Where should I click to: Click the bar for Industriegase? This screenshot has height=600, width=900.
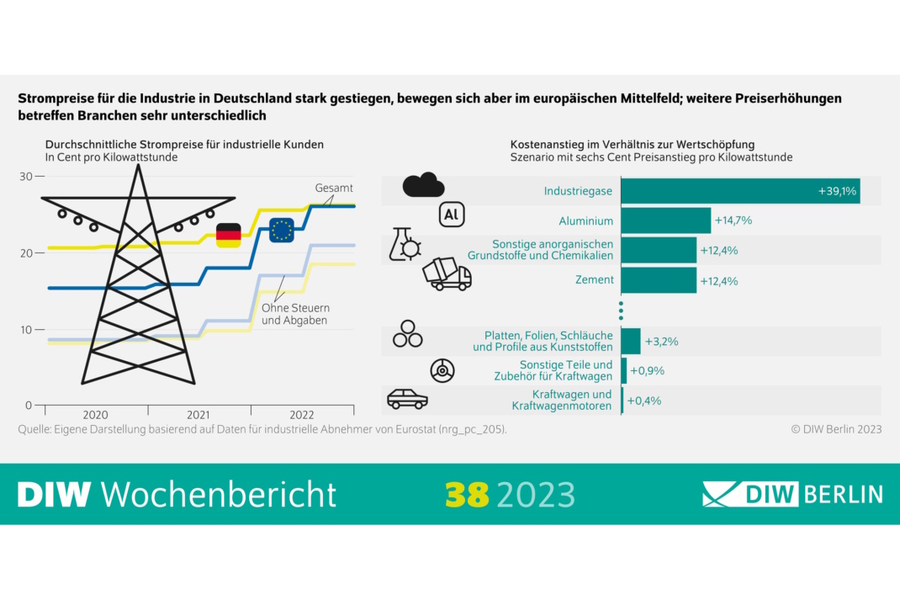(x=740, y=191)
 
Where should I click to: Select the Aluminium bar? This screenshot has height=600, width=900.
(x=666, y=220)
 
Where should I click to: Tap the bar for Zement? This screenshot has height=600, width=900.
(x=659, y=280)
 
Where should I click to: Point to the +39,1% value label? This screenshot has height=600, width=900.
(x=837, y=192)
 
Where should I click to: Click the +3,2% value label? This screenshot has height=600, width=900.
(x=661, y=342)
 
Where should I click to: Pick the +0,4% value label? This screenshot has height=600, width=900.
(x=645, y=401)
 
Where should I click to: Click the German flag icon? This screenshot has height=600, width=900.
(x=228, y=236)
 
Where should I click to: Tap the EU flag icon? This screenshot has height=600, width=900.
(x=282, y=229)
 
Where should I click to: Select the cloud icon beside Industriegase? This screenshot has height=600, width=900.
(x=423, y=184)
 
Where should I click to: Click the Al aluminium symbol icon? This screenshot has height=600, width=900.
(x=452, y=215)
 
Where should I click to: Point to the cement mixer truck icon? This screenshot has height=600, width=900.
(x=447, y=274)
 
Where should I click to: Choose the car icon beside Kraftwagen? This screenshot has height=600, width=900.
(x=407, y=399)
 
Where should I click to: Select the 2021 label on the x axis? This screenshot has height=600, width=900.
(x=199, y=415)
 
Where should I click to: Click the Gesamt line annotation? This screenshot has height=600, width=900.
(x=334, y=188)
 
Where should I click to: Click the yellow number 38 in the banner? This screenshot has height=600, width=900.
(x=468, y=494)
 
